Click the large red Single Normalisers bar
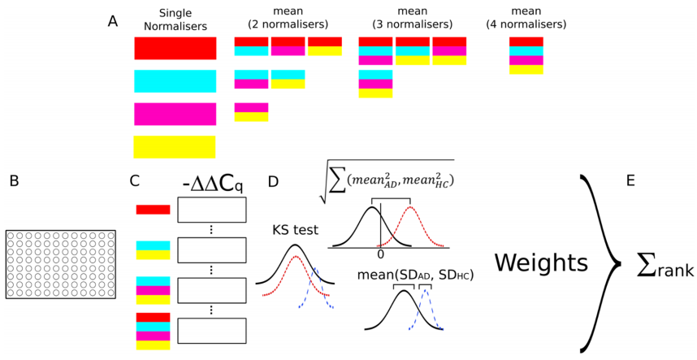point(175,48)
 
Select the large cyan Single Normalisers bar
point(175,81)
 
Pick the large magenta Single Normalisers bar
point(175,114)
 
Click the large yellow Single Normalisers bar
point(175,147)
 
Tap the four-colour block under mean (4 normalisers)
point(526,55)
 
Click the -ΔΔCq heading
point(210,183)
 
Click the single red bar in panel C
point(153,210)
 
